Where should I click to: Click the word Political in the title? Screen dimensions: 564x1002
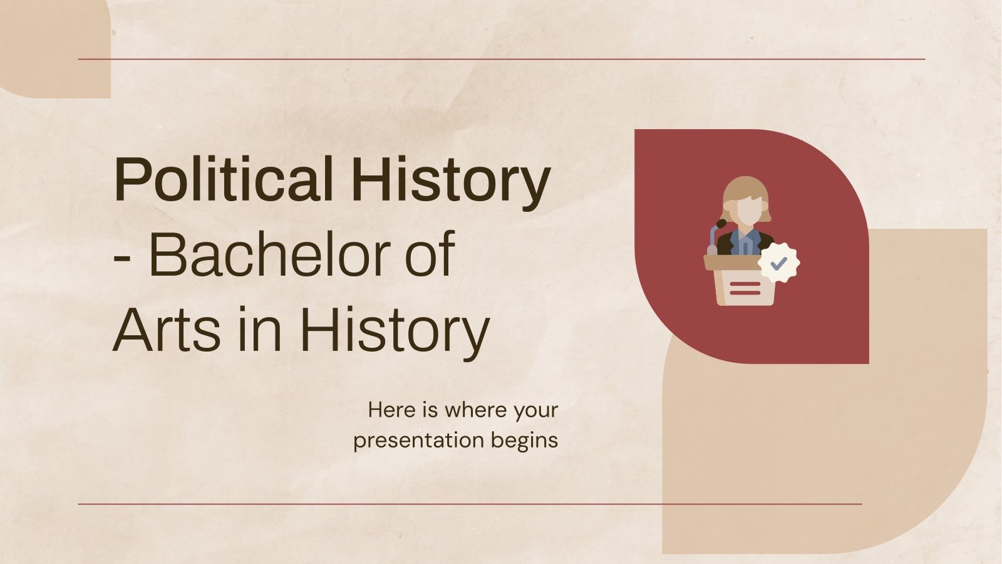point(222,180)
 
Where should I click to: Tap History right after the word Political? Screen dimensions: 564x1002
point(451,180)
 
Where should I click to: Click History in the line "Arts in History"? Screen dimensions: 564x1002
point(395,330)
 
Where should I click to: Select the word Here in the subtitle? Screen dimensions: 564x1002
point(391,410)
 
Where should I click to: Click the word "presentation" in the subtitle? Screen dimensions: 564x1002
point(418,441)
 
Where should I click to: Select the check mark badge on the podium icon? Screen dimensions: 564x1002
point(778,264)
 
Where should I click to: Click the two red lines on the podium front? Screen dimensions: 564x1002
point(745,288)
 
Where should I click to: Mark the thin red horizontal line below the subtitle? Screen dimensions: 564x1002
point(470,503)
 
